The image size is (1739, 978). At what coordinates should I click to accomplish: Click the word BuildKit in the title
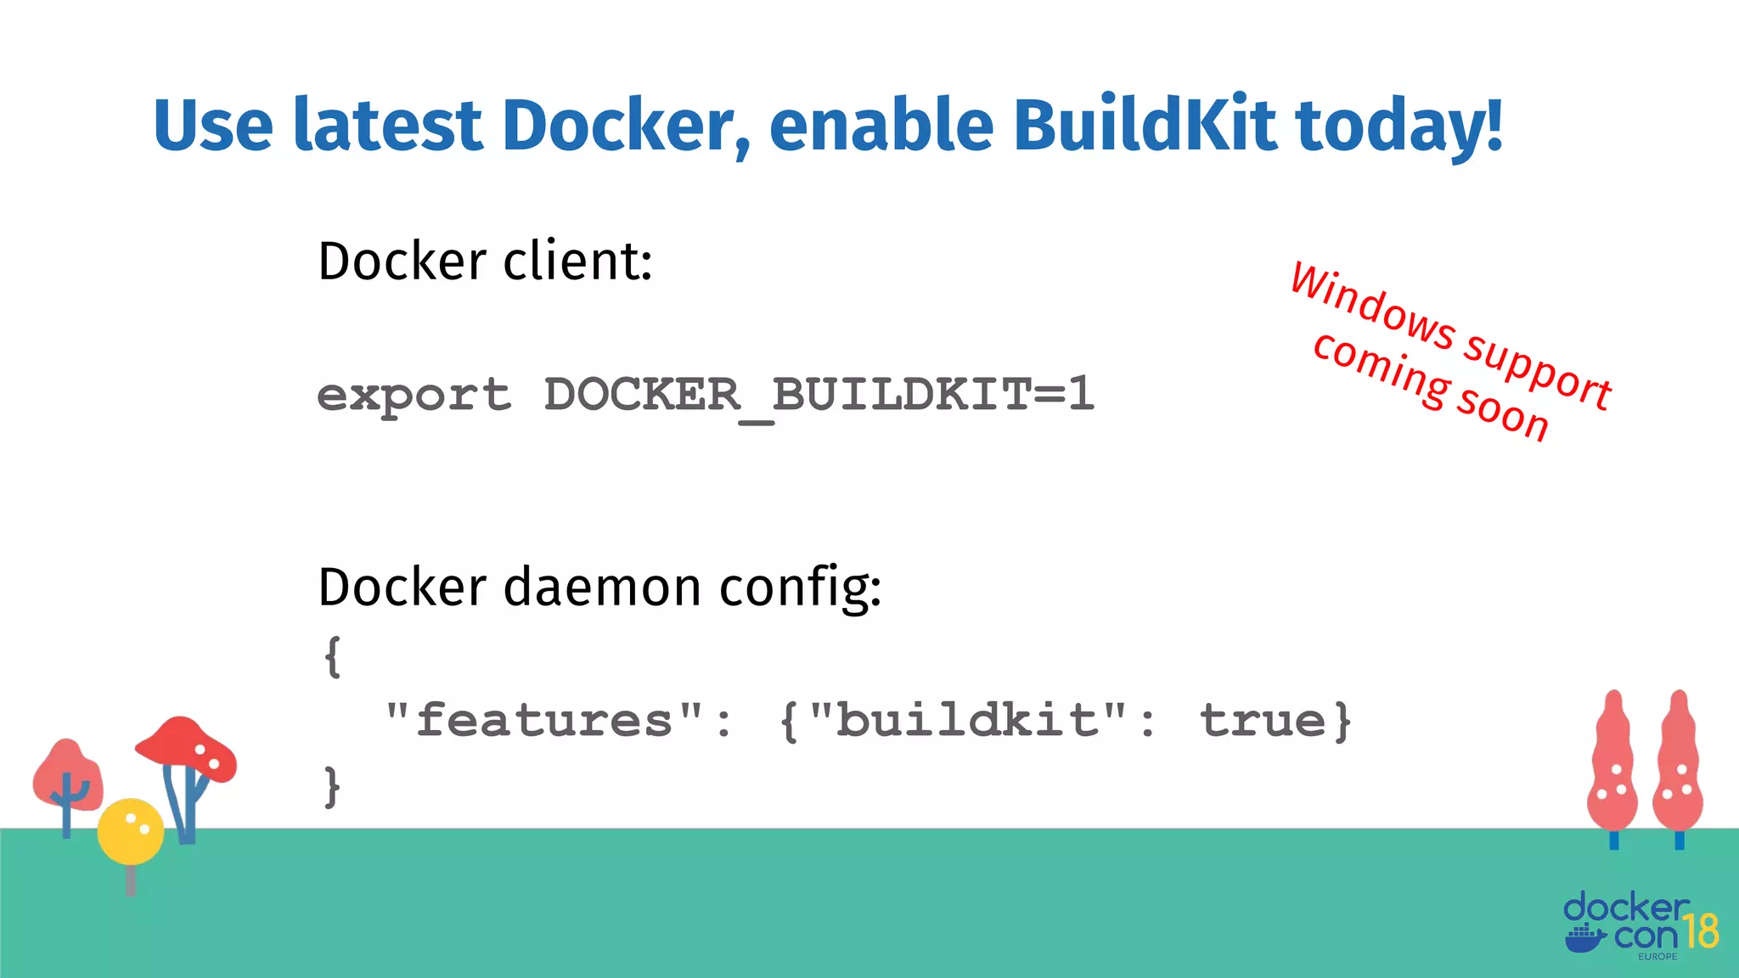[x=1144, y=126]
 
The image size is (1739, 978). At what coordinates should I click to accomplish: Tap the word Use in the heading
[x=213, y=126]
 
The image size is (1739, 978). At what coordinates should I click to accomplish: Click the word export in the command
[x=414, y=396]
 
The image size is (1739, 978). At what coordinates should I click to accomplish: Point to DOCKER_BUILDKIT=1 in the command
[x=819, y=396]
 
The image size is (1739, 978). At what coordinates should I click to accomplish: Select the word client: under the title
[x=577, y=261]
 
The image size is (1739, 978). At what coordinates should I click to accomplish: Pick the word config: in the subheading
[x=800, y=588]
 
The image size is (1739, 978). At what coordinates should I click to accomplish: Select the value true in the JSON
[x=1262, y=721]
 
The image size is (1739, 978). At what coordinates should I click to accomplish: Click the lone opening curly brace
[x=333, y=656]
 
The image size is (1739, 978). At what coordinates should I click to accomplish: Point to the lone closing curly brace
[x=332, y=786]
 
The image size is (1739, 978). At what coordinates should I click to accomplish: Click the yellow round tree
[x=130, y=831]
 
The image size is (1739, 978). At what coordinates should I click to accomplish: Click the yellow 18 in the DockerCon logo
[x=1701, y=931]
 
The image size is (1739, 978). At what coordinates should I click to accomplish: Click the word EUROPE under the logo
[x=1657, y=957]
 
